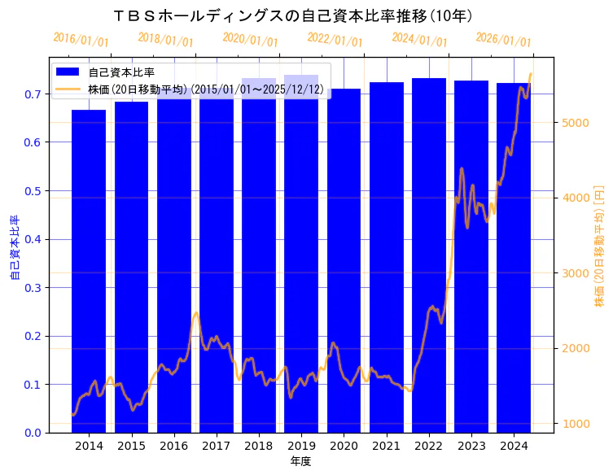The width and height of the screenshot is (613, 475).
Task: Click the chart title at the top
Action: coord(294,15)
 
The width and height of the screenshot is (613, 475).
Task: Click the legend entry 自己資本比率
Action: coord(121,72)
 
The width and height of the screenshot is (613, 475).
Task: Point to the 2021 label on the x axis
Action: coord(387,446)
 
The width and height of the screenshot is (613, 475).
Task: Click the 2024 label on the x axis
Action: coord(514,446)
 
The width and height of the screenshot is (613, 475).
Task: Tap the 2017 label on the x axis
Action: coord(217,446)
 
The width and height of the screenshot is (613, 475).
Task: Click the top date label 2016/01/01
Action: coord(81,40)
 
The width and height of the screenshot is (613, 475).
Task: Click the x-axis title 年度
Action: coord(301,461)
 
